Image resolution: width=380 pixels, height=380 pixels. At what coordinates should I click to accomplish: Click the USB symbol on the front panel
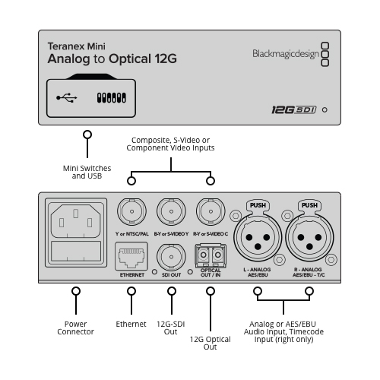67,98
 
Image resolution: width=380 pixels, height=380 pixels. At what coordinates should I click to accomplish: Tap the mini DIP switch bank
112,98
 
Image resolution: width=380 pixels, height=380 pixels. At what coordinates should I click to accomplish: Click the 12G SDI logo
294,110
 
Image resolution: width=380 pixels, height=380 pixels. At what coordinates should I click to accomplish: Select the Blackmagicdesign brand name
286,54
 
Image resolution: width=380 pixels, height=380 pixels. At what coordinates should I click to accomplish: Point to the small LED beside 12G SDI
325,110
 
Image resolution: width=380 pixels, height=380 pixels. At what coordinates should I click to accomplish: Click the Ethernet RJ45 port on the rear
131,256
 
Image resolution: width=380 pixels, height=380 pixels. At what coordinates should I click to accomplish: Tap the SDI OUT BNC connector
171,257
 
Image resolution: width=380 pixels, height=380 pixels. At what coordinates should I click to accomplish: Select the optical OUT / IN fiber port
211,255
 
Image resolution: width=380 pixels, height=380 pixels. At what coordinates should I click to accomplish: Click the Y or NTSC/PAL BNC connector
131,211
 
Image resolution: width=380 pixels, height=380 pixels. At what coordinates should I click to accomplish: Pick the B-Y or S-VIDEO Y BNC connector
171,211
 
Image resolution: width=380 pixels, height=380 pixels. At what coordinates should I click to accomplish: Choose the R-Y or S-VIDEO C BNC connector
211,211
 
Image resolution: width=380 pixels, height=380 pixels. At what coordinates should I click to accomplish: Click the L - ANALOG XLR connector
258,237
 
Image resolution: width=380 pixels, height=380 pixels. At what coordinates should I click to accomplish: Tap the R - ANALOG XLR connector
309,237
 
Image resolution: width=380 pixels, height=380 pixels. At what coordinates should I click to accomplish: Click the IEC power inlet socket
76,221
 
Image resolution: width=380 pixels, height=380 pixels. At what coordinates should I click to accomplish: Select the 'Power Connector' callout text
75,328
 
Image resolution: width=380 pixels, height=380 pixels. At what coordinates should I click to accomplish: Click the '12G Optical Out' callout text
211,343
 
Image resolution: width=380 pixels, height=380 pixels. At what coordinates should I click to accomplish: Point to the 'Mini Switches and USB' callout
87,172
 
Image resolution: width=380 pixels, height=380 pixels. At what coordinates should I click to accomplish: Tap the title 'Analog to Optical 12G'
112,59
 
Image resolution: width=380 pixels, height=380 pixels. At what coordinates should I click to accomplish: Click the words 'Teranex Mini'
77,46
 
